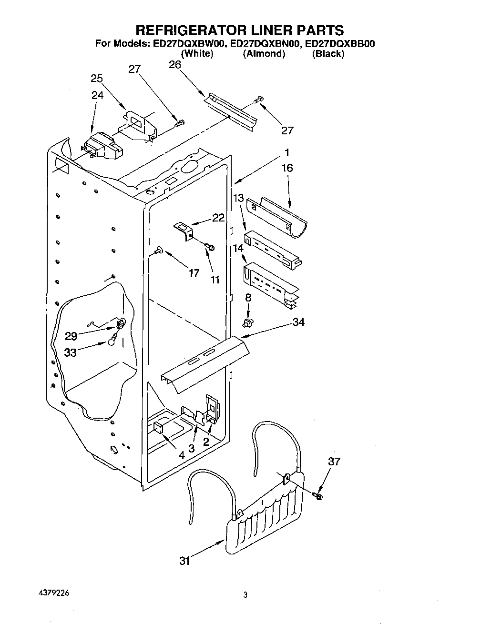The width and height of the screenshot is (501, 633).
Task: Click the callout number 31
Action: (x=184, y=561)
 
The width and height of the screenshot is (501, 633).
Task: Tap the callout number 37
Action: (x=334, y=461)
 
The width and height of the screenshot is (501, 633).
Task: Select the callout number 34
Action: (x=298, y=322)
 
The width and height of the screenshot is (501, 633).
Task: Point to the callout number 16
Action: (x=287, y=168)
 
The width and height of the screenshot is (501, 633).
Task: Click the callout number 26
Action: (x=175, y=64)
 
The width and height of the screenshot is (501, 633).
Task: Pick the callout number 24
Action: (x=97, y=95)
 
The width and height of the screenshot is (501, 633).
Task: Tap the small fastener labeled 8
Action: (x=247, y=323)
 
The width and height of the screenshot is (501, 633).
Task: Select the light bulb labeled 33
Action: (x=112, y=340)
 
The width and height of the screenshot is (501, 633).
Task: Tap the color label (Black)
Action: (x=328, y=54)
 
